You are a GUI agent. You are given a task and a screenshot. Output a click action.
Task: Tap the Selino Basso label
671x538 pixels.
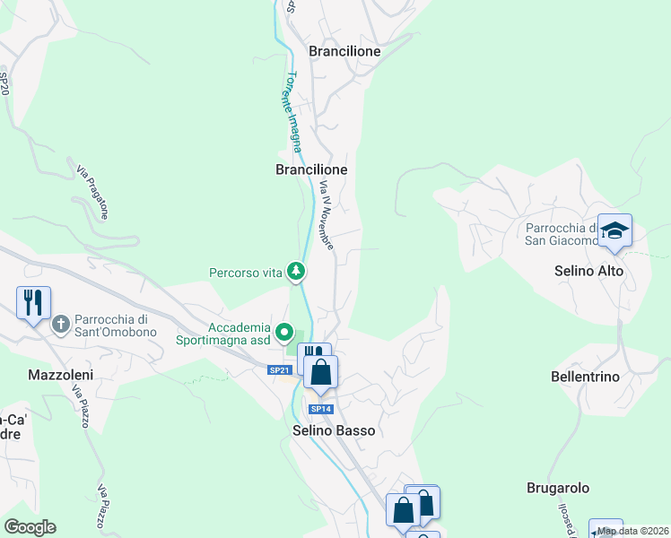click(x=334, y=430)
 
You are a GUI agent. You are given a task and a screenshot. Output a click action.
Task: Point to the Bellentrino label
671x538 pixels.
click(x=585, y=377)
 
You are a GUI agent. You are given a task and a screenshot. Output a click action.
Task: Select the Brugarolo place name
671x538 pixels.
click(x=557, y=488)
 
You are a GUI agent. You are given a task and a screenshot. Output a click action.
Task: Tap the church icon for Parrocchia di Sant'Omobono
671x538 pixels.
click(x=61, y=324)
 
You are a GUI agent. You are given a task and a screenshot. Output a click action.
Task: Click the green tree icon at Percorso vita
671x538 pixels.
click(x=295, y=271)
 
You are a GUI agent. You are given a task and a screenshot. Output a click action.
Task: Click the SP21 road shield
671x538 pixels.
click(x=280, y=370)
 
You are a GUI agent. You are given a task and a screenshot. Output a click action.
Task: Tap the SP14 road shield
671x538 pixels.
click(x=321, y=409)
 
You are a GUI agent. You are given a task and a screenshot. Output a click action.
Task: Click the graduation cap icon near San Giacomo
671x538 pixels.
click(x=614, y=232)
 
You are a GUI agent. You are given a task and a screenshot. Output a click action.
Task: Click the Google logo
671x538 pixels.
click(x=30, y=527)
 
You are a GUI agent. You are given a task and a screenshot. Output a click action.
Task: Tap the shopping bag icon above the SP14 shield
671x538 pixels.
click(x=320, y=370)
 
